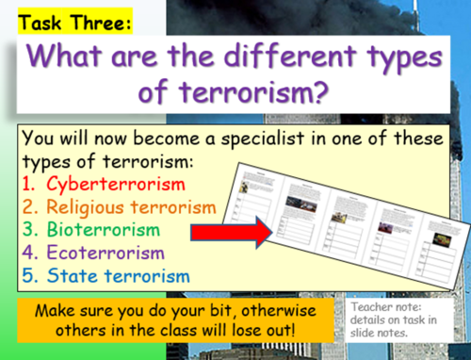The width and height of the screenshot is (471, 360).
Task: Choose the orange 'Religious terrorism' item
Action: coord(119,205)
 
